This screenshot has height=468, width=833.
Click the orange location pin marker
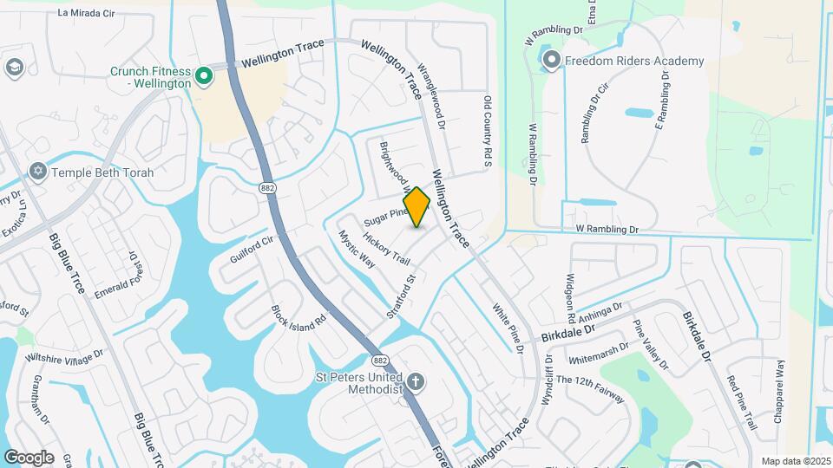click(x=417, y=206)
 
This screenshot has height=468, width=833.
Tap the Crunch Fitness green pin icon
click(x=204, y=77)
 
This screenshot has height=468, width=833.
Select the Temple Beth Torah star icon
click(x=37, y=172)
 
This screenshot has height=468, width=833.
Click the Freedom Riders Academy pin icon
click(x=552, y=61)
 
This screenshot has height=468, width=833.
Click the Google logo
click(x=29, y=457)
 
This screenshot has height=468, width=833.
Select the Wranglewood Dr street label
click(x=431, y=94)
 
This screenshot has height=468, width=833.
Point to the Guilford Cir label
click(x=252, y=247)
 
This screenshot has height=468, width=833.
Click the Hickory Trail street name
click(x=387, y=249)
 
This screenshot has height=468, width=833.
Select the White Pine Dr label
click(x=508, y=328)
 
